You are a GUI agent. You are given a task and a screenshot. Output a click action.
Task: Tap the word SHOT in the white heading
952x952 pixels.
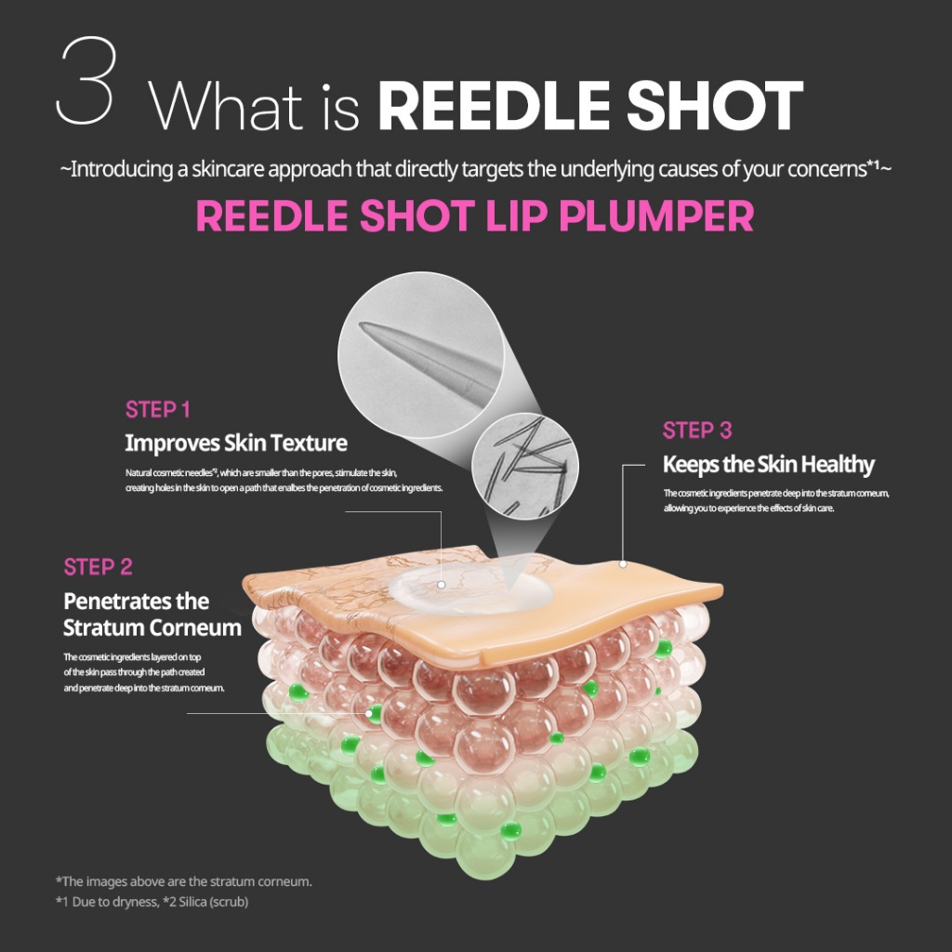tap(735, 106)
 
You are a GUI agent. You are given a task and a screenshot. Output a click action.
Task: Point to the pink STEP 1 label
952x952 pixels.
tap(157, 410)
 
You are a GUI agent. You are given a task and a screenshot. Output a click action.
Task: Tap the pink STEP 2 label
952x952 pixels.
tap(98, 567)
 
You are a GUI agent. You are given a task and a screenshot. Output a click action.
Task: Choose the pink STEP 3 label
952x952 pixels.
tap(697, 430)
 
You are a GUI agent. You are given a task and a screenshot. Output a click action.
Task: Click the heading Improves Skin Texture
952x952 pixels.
tap(236, 443)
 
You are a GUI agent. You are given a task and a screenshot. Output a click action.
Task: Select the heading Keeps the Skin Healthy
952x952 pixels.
tap(768, 464)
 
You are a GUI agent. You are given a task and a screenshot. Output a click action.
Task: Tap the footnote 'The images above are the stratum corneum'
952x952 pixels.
tap(187, 880)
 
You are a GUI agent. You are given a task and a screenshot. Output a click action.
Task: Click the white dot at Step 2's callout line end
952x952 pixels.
tap(370, 713)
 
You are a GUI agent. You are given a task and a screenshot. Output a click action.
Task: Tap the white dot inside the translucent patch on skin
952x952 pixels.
tap(442, 585)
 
